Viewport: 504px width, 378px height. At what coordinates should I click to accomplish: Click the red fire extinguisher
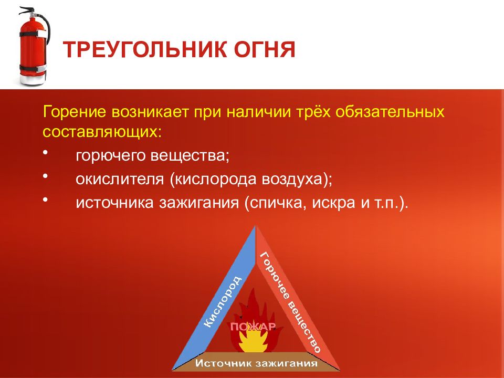coord(33,47)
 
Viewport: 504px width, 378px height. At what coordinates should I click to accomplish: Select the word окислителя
coord(120,180)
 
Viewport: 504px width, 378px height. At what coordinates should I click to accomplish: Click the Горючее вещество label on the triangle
coord(290,302)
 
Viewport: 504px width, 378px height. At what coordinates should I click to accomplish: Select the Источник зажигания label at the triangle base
coord(256,363)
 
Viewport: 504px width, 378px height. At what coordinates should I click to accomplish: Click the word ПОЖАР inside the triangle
coord(253,327)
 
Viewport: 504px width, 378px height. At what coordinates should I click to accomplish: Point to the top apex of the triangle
coord(256,226)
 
